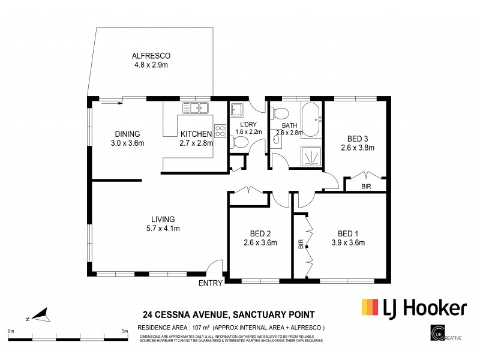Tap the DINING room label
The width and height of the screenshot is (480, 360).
[127, 134]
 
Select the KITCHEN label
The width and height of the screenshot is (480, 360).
[196, 134]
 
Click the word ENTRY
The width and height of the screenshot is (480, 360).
[210, 283]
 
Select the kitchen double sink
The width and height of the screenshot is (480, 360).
[195, 108]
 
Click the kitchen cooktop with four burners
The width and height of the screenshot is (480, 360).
[219, 131]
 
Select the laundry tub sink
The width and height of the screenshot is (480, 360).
[236, 109]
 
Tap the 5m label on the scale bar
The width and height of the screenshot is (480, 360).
[124, 331]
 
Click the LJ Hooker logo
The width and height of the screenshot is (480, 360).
[413, 308]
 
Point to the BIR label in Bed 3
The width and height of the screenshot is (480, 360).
[366, 187]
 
